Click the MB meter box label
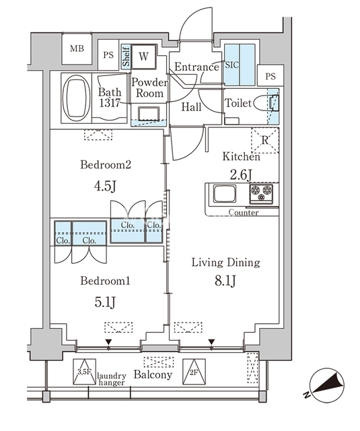[x=77, y=48]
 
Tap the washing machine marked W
[x=143, y=57]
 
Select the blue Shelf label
[x=126, y=57]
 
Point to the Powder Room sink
[x=149, y=114]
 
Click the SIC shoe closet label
[x=232, y=65]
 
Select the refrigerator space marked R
[x=264, y=140]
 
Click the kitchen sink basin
[x=225, y=193]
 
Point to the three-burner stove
[x=261, y=194]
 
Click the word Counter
[x=244, y=213]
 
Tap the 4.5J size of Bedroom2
[x=106, y=187]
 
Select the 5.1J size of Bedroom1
[x=105, y=302]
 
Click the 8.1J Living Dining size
[x=225, y=281]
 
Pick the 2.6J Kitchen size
[x=241, y=175]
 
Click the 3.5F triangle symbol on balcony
[x=84, y=372]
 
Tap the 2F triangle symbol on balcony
[x=194, y=372]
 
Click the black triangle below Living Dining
[x=211, y=341]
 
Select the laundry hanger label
[x=112, y=379]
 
